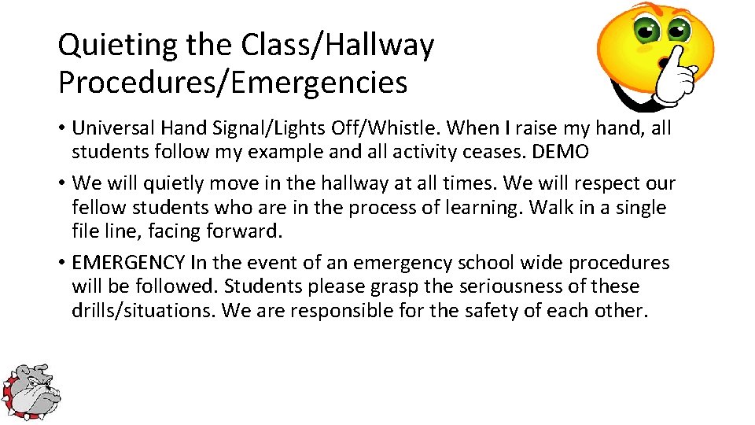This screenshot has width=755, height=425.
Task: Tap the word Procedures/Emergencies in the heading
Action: (x=233, y=82)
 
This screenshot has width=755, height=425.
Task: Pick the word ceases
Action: (x=507, y=151)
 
